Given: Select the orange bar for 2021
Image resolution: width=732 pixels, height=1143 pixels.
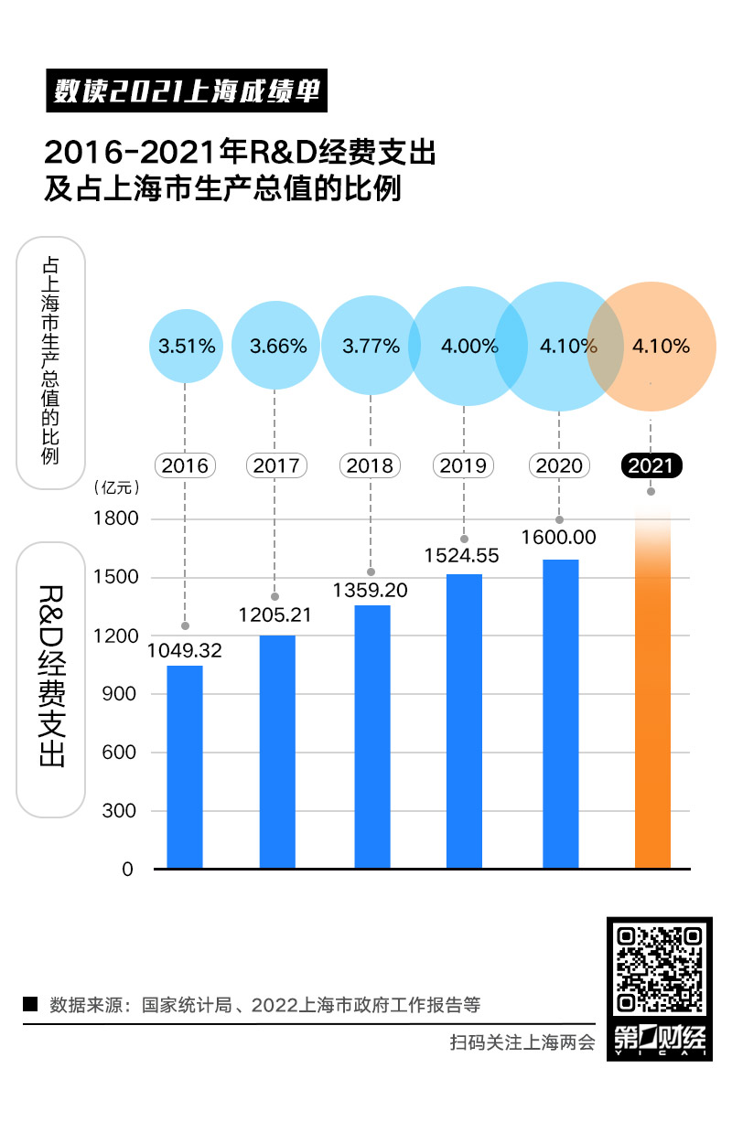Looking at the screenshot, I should click(652, 713).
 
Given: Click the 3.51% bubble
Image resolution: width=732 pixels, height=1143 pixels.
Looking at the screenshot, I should click(187, 347).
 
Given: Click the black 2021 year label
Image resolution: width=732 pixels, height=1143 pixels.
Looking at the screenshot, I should click(651, 465).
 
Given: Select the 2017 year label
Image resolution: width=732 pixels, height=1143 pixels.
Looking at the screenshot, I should click(276, 465).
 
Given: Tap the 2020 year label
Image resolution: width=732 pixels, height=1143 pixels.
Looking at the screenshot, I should click(559, 465).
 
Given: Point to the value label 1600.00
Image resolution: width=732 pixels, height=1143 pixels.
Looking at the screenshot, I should click(559, 537).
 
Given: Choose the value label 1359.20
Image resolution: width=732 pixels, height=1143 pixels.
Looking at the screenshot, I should click(371, 590).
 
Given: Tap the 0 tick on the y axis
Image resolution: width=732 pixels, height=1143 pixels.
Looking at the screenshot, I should click(127, 870).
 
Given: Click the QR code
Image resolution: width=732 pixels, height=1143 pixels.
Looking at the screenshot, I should click(660, 968).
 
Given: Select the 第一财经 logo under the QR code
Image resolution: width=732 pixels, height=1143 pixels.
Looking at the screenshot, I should click(660, 1040).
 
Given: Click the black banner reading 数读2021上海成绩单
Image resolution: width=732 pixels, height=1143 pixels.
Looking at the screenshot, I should click(186, 91).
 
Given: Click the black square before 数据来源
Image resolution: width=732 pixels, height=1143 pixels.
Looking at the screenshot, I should click(30, 1003).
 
